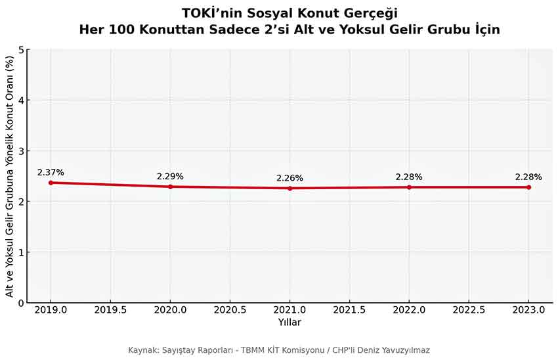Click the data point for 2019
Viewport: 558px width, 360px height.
click(x=51, y=183)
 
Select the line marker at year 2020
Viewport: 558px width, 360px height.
click(x=170, y=187)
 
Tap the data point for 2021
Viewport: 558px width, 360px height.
click(x=290, y=189)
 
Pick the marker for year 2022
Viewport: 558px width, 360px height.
click(x=409, y=187)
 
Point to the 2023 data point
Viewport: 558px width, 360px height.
click(x=528, y=187)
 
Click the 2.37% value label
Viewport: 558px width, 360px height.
click(x=51, y=172)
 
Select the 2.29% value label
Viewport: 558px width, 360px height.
click(x=170, y=176)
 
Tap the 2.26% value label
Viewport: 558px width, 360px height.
click(x=290, y=178)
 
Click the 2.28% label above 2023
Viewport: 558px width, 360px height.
click(x=528, y=177)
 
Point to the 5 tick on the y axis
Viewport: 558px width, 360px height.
click(x=22, y=49)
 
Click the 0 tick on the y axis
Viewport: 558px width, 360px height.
click(x=22, y=303)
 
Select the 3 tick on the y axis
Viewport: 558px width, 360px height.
click(x=22, y=151)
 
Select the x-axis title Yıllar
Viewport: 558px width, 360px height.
click(x=290, y=323)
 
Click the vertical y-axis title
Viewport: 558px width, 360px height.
click(x=9, y=176)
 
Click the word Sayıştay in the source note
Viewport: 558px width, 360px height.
click(x=182, y=350)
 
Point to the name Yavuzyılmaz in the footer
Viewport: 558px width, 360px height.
click(x=401, y=350)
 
